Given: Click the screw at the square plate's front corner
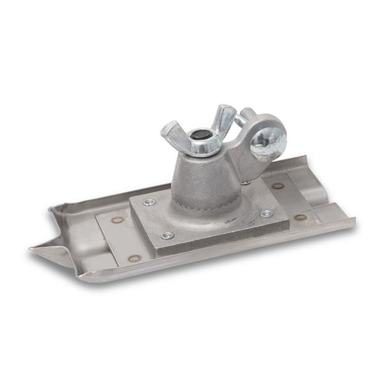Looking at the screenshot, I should pyautogui.click(x=168, y=235).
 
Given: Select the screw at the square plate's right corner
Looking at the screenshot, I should pyautogui.click(x=266, y=213).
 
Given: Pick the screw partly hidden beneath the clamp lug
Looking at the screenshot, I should pyautogui.click(x=246, y=183).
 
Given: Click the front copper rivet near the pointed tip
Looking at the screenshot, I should pyautogui.click(x=134, y=258).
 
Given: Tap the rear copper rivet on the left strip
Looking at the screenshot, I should pyautogui.click(x=117, y=220).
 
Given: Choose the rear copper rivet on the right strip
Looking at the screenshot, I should pyautogui.click(x=277, y=186).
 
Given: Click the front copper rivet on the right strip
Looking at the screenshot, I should pyautogui.click(x=300, y=217).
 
